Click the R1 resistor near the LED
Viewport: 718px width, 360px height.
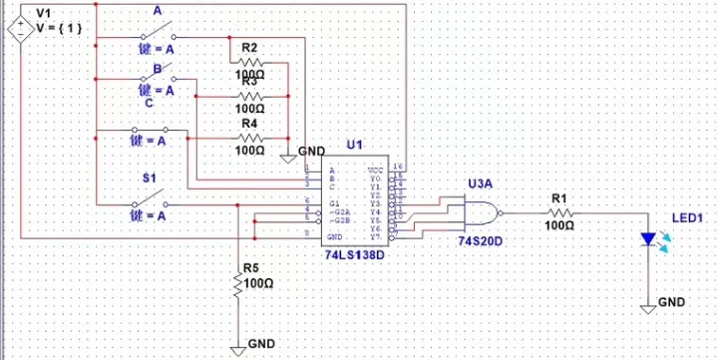(560, 213)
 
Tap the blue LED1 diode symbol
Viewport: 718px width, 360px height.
(649, 240)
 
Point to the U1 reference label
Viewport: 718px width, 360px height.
(354, 146)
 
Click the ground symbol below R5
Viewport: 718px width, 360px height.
(238, 348)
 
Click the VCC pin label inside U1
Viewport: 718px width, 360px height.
(375, 171)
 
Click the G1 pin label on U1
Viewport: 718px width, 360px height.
(334, 202)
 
